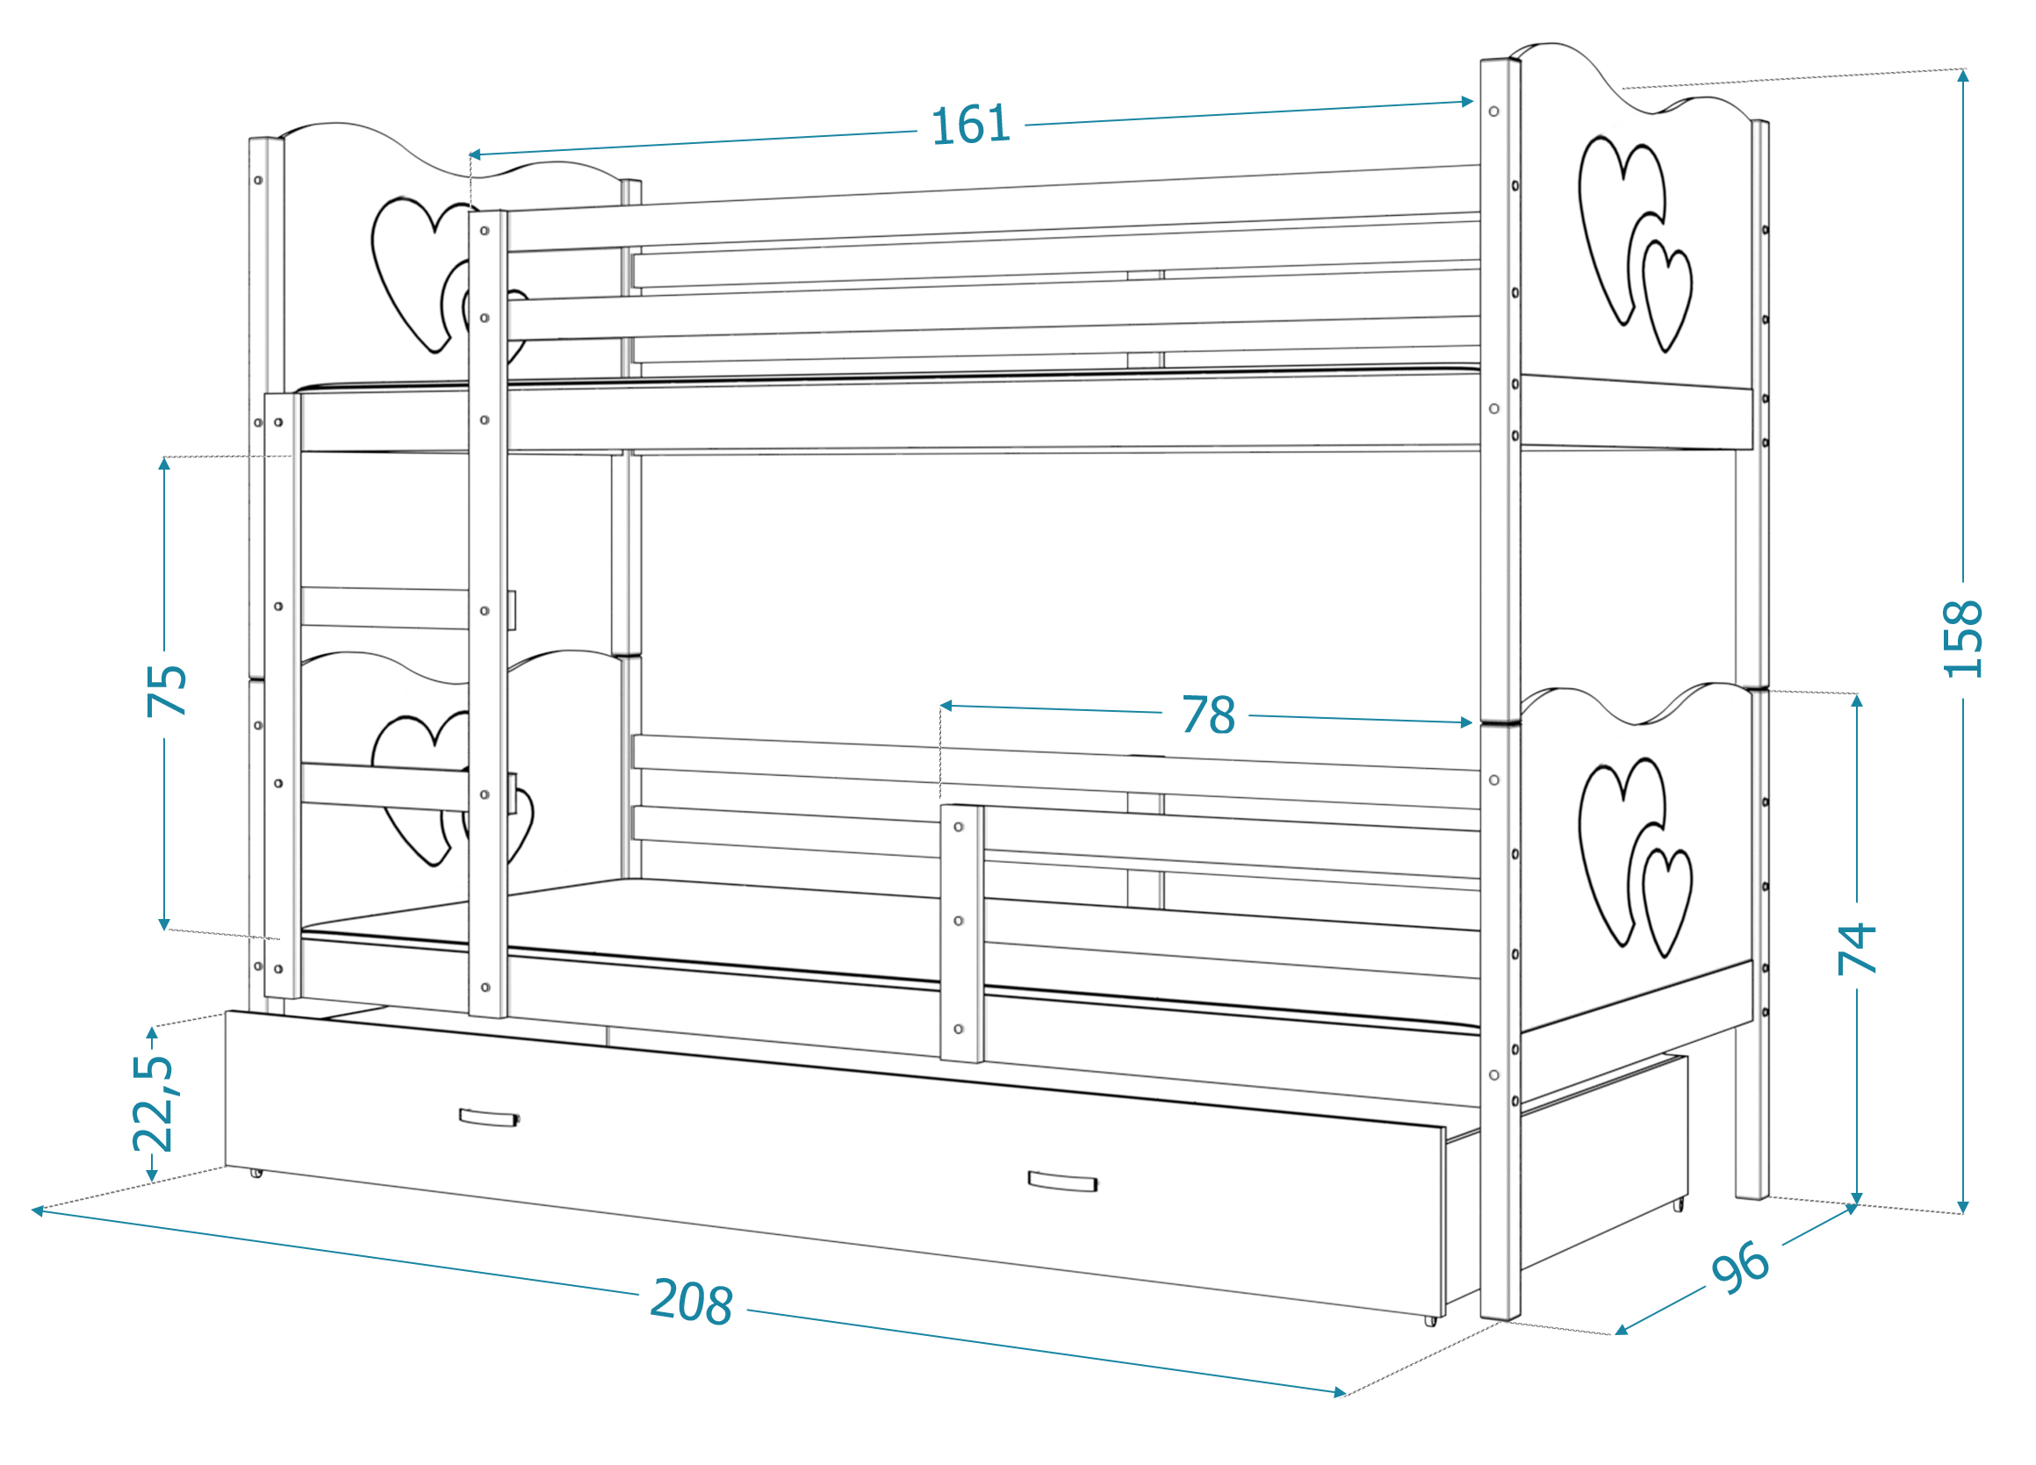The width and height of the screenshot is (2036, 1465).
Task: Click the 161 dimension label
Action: coord(970,125)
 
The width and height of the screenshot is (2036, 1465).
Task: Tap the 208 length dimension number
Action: coord(692,1301)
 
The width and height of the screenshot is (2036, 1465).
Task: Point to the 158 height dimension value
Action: coord(1962,638)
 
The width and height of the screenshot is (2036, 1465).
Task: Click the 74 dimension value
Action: coord(1857,949)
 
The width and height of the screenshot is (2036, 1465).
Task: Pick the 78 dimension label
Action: coord(1208,715)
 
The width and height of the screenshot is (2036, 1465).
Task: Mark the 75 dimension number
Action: coord(166,690)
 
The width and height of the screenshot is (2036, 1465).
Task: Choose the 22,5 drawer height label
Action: coord(153,1103)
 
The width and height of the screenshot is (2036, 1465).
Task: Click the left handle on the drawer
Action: coord(488,1117)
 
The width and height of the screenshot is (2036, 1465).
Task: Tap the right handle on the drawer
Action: coord(1063,1181)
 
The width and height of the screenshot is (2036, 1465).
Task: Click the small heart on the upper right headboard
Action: coord(1667,295)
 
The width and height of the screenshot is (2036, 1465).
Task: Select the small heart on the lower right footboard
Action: coord(1667,902)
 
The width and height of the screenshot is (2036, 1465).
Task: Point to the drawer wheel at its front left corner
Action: coord(256,1172)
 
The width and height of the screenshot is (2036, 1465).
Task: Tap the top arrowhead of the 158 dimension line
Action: coord(1963,75)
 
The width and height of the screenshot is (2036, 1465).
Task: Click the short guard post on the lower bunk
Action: coord(962,933)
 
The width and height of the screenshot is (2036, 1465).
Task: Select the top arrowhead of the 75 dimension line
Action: coord(164,463)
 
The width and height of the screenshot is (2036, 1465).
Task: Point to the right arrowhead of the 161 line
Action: coord(1467,102)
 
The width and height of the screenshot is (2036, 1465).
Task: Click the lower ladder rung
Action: coord(385,786)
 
